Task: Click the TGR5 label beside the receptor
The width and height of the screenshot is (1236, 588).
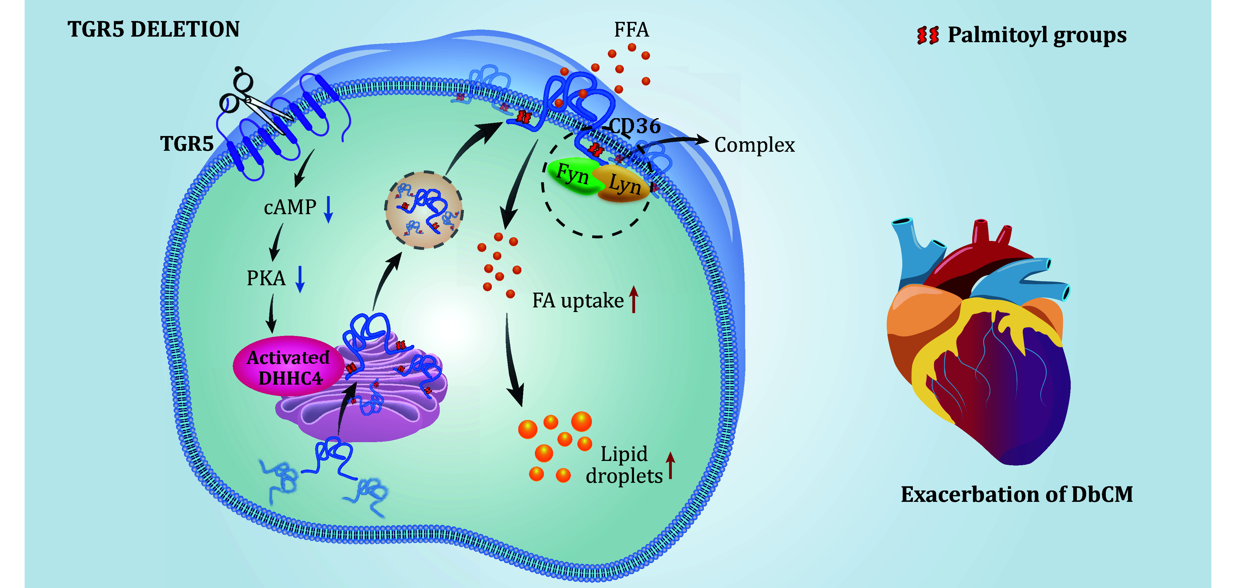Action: point(187,144)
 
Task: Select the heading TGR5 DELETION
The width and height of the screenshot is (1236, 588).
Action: point(154,30)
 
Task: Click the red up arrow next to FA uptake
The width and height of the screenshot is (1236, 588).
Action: point(634,299)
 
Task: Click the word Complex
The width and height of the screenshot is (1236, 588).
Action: point(754,145)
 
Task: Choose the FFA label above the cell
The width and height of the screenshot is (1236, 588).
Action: point(632,30)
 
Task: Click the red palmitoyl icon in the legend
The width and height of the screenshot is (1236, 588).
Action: point(928,35)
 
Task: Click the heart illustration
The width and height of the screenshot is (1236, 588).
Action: point(979,345)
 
